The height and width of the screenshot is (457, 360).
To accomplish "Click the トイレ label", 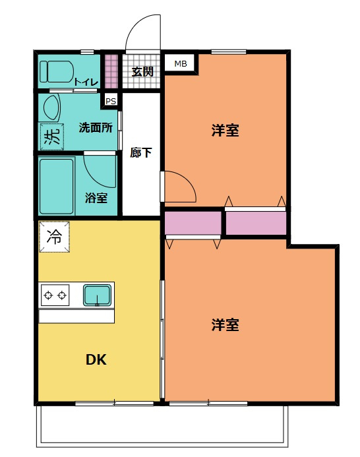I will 86,82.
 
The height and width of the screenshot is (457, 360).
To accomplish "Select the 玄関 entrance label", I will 142,72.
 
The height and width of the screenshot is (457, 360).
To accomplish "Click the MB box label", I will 180,64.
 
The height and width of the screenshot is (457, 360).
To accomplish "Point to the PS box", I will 111,101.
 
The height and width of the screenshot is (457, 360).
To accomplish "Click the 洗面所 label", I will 94,126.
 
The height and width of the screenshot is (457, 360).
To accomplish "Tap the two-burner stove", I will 55,295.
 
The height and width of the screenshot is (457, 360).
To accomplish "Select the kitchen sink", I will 98,295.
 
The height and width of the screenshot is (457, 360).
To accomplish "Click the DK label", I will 96,360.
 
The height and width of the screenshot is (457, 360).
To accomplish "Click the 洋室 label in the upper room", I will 225,131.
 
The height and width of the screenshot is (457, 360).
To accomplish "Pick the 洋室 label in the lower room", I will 225,324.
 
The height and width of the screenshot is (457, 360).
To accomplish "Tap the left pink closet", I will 193,224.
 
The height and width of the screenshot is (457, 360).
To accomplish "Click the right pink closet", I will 256,223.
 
